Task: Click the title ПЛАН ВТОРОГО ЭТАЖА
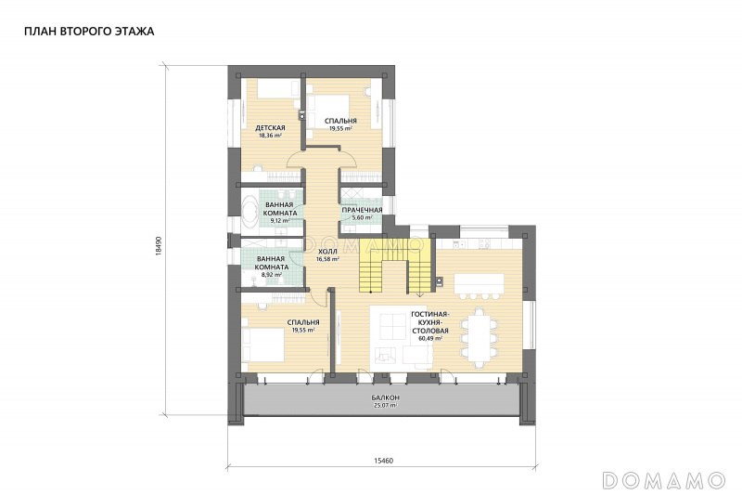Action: [x=89, y=32]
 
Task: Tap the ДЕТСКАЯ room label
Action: [x=270, y=128]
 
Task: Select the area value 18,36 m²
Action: [x=270, y=135]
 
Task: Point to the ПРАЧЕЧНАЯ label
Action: [x=362, y=210]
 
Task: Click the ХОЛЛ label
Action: [x=327, y=252]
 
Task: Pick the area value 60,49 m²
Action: [x=430, y=339]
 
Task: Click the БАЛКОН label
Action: [x=385, y=397]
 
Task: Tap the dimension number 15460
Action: [x=383, y=461]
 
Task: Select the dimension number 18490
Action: [x=159, y=246]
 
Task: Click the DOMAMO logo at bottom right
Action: [x=664, y=480]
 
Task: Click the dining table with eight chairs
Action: [x=480, y=337]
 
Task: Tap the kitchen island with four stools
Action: [x=480, y=286]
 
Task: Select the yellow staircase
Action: [x=397, y=266]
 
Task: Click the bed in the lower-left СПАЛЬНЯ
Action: [x=262, y=345]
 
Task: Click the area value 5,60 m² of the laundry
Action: [x=362, y=218]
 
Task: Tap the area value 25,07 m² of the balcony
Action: [x=385, y=406]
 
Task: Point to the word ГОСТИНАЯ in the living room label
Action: [x=430, y=314]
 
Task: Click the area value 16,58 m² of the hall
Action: [x=327, y=260]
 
